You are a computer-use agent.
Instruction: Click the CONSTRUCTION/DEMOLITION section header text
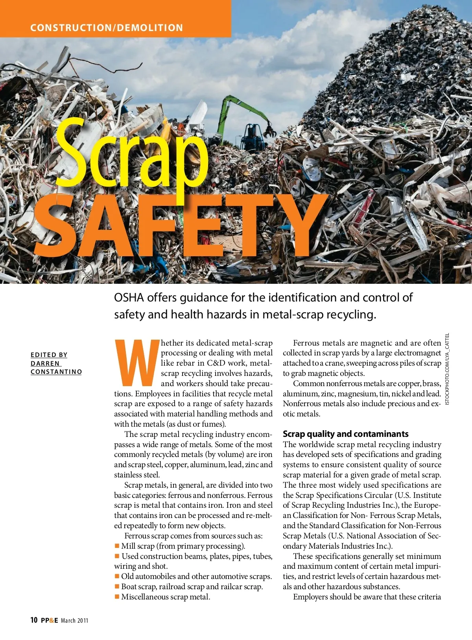point(107,28)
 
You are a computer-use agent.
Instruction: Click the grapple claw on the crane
point(269,130)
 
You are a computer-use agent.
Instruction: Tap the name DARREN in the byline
point(45,363)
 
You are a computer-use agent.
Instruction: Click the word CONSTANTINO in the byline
point(56,372)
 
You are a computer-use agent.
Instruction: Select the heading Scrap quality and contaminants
point(345,434)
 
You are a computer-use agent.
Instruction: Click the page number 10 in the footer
point(34,620)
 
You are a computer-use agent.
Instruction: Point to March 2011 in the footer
point(75,621)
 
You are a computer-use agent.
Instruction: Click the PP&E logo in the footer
point(50,620)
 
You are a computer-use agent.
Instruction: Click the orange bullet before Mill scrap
point(117,546)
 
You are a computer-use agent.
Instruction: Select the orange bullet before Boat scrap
point(117,586)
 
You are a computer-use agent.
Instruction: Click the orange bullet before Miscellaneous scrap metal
point(117,597)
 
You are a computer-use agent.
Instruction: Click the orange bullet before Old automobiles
point(117,576)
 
